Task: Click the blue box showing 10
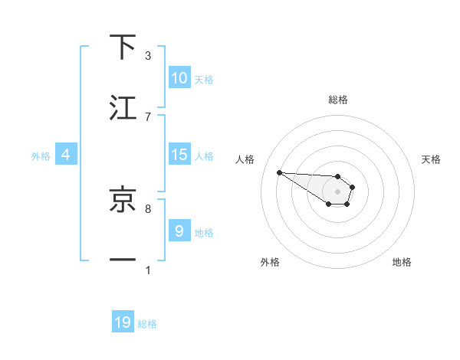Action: [179, 78]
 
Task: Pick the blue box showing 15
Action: [179, 155]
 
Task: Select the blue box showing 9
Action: [179, 231]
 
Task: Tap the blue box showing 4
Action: [66, 155]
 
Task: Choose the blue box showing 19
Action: [123, 322]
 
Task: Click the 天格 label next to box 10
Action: [204, 79]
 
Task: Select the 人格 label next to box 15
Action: [204, 155]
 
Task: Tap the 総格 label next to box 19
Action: [147, 324]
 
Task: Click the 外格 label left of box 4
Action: [41, 155]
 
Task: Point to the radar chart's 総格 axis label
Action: [337, 100]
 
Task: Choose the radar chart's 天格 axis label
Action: [431, 159]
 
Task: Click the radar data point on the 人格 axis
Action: [279, 172]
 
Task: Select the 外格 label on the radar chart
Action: [270, 262]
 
